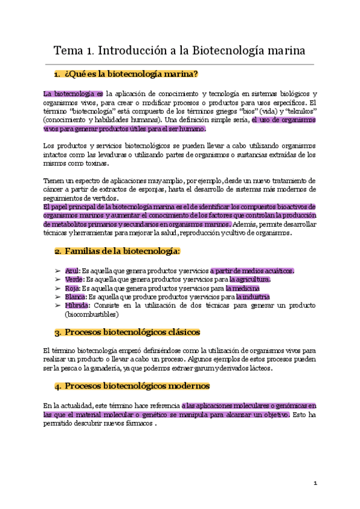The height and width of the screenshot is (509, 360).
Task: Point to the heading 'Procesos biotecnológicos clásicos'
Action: [132, 331]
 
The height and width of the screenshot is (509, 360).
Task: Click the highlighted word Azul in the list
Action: [72, 271]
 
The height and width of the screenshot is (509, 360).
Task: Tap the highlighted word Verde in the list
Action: [74, 279]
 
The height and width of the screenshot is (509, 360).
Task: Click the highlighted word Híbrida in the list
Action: [76, 306]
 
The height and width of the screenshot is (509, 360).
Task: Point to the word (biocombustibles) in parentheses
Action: [92, 314]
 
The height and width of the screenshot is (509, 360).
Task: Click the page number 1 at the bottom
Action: [314, 484]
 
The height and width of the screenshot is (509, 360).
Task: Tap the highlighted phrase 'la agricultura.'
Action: [248, 279]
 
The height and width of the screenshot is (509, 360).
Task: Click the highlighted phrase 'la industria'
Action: [253, 297]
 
